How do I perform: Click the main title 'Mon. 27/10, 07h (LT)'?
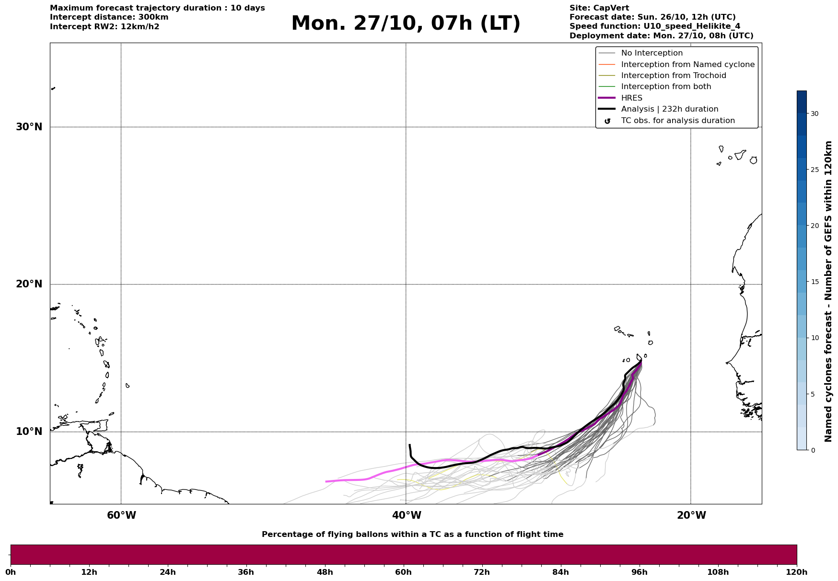[406, 23]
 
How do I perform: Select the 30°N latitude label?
[29, 127]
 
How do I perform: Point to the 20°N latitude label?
[29, 284]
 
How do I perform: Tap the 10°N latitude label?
[29, 432]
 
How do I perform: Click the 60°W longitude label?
[121, 515]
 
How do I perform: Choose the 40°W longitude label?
[407, 515]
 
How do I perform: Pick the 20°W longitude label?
[691, 515]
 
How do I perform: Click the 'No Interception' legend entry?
[652, 53]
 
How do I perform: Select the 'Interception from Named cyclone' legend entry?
[687, 65]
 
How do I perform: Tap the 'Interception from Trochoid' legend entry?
[673, 76]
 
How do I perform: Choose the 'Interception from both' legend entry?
[666, 87]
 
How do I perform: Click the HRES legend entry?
[631, 98]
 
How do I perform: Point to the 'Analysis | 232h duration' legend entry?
[669, 109]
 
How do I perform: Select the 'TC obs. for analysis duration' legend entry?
[677, 121]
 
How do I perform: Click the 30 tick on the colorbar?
[815, 114]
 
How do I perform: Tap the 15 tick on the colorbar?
[815, 282]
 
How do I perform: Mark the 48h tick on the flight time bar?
[325, 572]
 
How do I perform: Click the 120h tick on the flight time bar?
[797, 572]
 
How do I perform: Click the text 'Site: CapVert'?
[599, 8]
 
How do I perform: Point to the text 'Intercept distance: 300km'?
[109, 17]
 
